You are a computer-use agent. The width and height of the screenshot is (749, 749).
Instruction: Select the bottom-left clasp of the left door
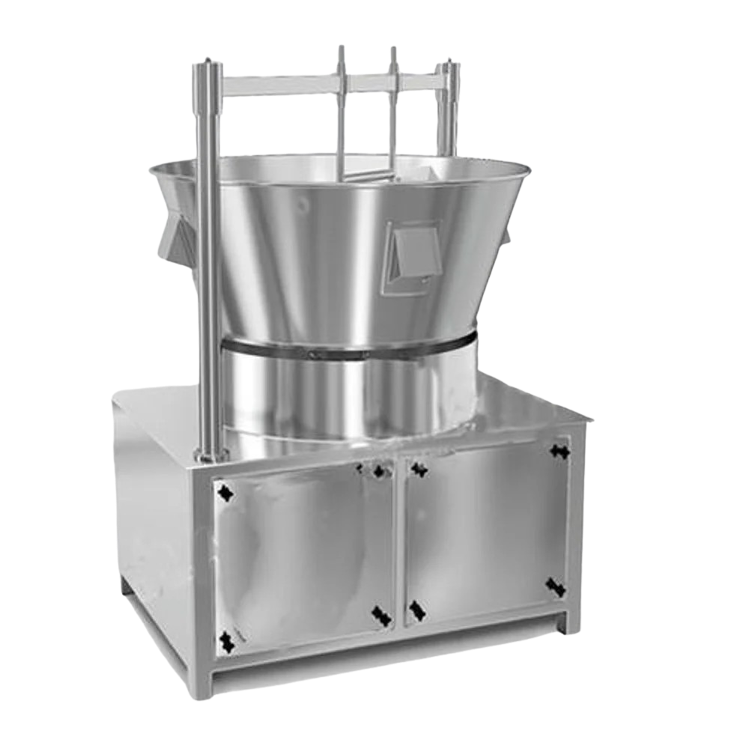(x=226, y=640)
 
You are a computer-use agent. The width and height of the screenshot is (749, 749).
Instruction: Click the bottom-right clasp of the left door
(x=381, y=616)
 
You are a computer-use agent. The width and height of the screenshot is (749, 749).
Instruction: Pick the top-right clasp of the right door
(x=559, y=450)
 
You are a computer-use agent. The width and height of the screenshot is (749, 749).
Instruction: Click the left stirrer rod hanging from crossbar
(x=342, y=112)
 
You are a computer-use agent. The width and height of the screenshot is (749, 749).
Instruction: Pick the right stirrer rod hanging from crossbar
(x=392, y=112)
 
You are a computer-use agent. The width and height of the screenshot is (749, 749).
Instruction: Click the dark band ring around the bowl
(x=348, y=349)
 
